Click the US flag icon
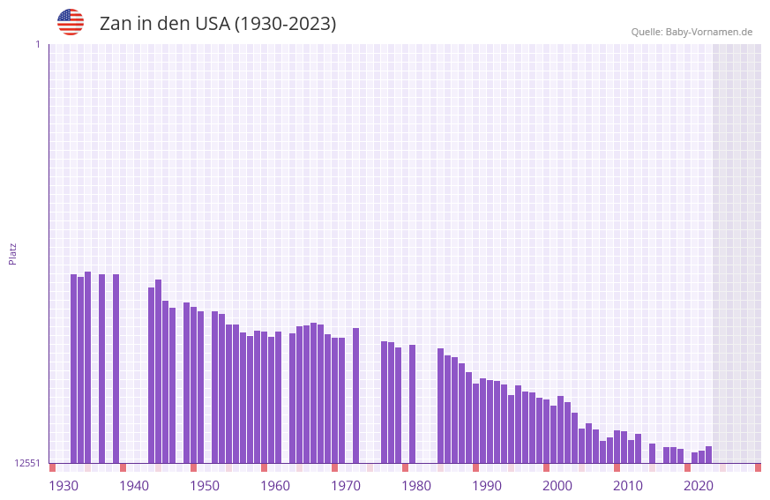[71, 22]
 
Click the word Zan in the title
[115, 24]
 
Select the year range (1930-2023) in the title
[285, 24]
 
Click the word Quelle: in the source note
[647, 32]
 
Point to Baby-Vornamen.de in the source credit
[708, 32]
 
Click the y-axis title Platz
[12, 253]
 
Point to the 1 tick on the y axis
[37, 44]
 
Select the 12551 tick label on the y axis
[27, 463]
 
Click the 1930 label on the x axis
[64, 486]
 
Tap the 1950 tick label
[205, 486]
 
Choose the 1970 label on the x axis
[346, 486]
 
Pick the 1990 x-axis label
[487, 486]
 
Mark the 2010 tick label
[628, 486]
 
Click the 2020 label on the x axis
[699, 486]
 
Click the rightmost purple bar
[708, 454]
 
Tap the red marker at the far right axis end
[758, 467]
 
